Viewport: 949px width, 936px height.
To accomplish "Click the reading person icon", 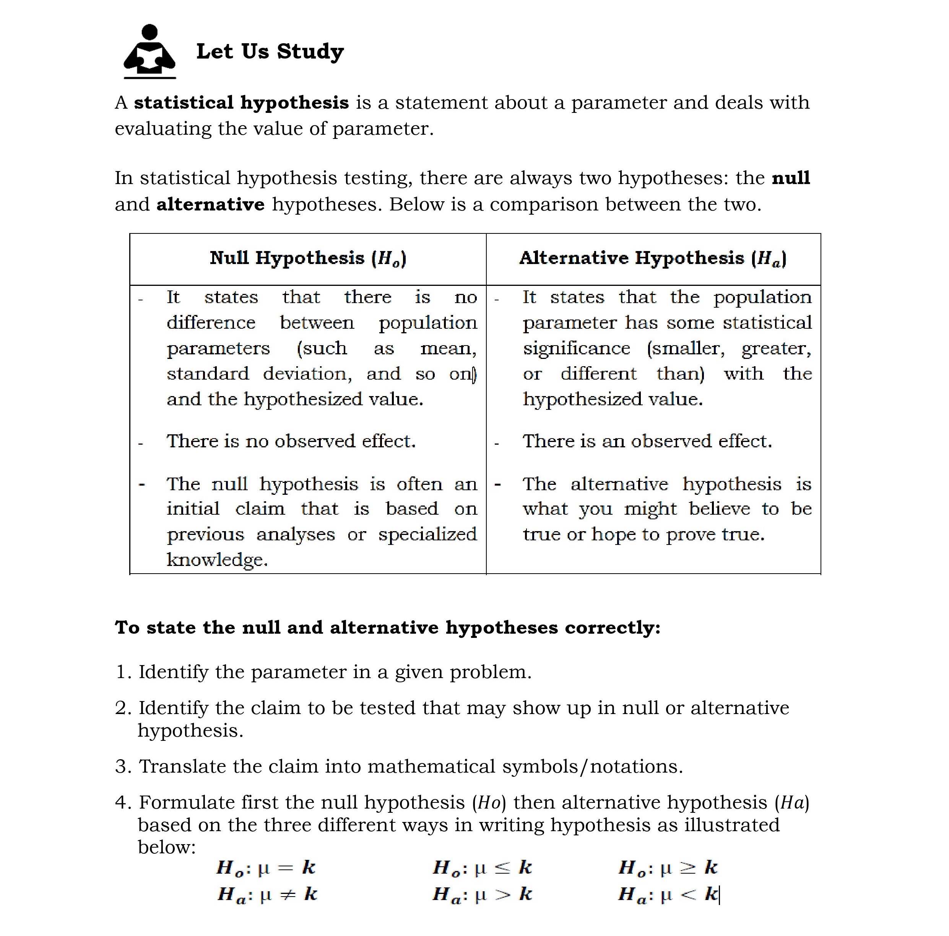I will coord(150,50).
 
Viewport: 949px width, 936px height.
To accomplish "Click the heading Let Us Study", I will coord(270,51).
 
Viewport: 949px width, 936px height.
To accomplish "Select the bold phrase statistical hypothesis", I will coord(241,103).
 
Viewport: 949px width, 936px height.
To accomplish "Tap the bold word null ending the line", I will coord(790,178).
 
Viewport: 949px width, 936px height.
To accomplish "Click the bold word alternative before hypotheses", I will coord(210,204).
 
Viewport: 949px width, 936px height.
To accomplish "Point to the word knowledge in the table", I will coord(217,560).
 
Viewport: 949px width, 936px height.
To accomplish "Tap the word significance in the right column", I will coord(576,349).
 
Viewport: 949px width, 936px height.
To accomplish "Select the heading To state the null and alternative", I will coord(388,628).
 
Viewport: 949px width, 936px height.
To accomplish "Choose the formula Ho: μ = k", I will coord(266,868).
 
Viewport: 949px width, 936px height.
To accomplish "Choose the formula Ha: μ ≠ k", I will coord(267,894).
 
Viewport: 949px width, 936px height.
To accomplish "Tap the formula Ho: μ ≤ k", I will coord(483,868).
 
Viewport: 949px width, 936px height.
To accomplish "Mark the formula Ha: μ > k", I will coord(483,894).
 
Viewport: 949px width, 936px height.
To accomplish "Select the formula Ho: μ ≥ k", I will coord(668,868).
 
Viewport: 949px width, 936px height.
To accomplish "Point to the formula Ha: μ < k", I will coord(668,894).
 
